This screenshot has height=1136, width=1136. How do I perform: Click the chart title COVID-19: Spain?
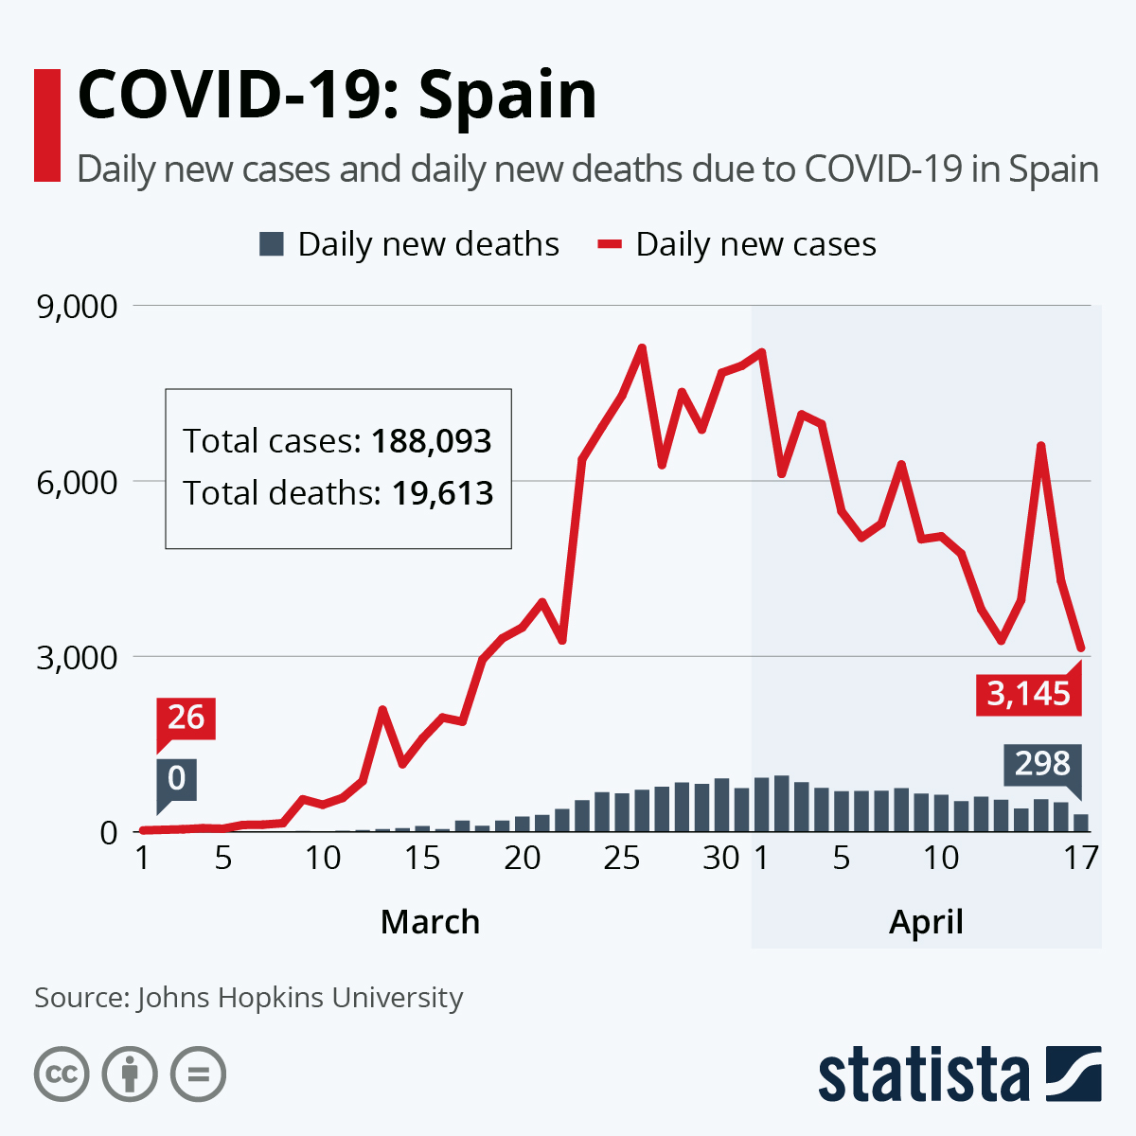tap(337, 95)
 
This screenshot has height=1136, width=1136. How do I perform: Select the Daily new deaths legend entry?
tap(409, 244)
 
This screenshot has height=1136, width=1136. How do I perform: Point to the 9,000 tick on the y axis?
tap(77, 307)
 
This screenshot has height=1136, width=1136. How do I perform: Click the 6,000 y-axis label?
tap(77, 482)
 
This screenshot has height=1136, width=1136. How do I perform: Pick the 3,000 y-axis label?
tap(77, 657)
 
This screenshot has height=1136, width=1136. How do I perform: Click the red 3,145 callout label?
tap(1028, 693)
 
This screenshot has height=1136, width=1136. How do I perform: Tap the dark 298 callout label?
tap(1042, 763)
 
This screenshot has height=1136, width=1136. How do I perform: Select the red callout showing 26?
tap(186, 718)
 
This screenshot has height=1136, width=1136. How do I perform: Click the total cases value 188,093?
tap(432, 441)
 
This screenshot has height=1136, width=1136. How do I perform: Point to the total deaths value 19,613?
tap(437, 493)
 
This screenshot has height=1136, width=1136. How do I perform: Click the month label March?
tap(430, 921)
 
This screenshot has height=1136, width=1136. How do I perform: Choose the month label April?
tap(926, 921)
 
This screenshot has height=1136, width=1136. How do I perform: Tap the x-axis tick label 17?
tap(1081, 858)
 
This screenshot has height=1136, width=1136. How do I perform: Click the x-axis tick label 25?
tap(622, 858)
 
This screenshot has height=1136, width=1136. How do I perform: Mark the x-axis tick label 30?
tap(721, 858)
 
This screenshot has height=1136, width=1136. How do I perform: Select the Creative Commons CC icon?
tap(62, 1074)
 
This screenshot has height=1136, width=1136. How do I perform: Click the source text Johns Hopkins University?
tap(299, 998)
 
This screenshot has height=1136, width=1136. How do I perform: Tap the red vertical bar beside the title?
tap(47, 125)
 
